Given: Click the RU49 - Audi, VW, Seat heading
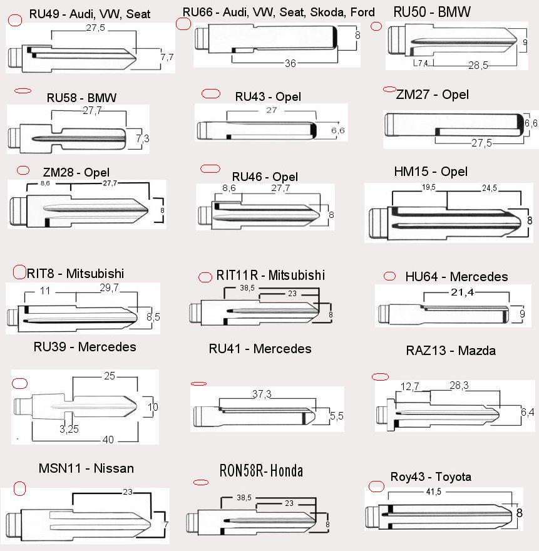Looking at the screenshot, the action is click(x=90, y=14).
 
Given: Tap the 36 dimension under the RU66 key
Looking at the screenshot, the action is click(x=290, y=63).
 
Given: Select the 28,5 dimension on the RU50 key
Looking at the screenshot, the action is click(x=478, y=65).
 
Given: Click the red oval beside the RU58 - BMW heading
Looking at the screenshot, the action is click(x=23, y=91).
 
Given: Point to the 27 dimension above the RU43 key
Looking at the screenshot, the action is click(x=271, y=110).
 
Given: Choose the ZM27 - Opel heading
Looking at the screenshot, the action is click(x=432, y=95).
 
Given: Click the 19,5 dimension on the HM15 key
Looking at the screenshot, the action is click(x=429, y=187).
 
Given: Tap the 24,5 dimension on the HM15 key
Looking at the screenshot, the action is click(x=490, y=188).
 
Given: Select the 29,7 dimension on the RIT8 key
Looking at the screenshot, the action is click(x=110, y=288).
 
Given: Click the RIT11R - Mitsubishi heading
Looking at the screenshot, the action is click(x=270, y=275).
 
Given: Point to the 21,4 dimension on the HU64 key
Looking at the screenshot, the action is click(x=463, y=292).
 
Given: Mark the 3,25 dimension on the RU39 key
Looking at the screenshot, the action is click(x=69, y=429).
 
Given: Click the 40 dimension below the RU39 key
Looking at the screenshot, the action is click(x=108, y=440).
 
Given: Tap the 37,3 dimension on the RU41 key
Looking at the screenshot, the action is click(x=262, y=394).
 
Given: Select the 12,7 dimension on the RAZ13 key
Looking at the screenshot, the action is click(x=409, y=387).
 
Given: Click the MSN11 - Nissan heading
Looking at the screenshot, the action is click(x=86, y=468).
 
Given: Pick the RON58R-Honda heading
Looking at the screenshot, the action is click(x=261, y=471).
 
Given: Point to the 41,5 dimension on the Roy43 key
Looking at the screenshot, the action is click(x=434, y=492).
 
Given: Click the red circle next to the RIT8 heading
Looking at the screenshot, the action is click(x=19, y=272).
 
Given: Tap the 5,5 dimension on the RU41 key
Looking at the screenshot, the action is click(x=337, y=416).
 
